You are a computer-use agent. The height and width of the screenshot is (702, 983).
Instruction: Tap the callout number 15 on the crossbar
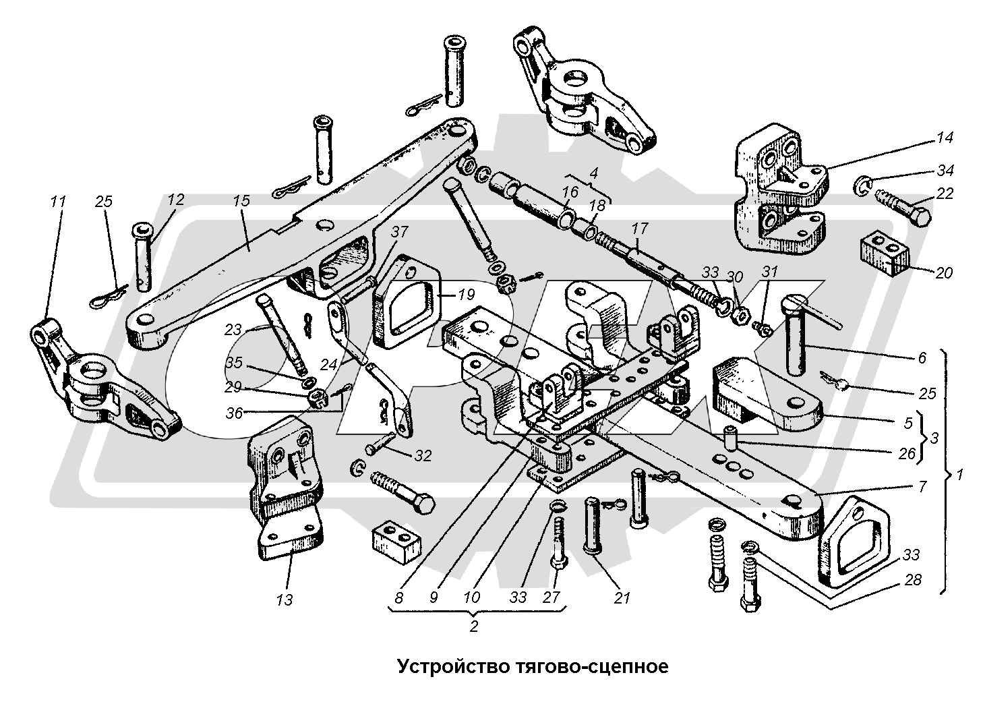pos(241,201)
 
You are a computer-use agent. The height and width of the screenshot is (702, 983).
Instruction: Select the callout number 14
pos(944,138)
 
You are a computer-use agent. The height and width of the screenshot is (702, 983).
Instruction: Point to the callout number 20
pos(943,272)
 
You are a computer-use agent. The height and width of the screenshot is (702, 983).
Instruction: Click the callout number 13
pos(285,599)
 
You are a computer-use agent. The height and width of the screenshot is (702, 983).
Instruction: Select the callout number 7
pos(922,486)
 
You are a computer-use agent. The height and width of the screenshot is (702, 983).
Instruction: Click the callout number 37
pos(400,232)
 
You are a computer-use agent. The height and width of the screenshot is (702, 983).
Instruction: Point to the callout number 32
pos(423,456)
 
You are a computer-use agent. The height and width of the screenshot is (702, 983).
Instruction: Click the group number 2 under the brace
pos(473,626)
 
